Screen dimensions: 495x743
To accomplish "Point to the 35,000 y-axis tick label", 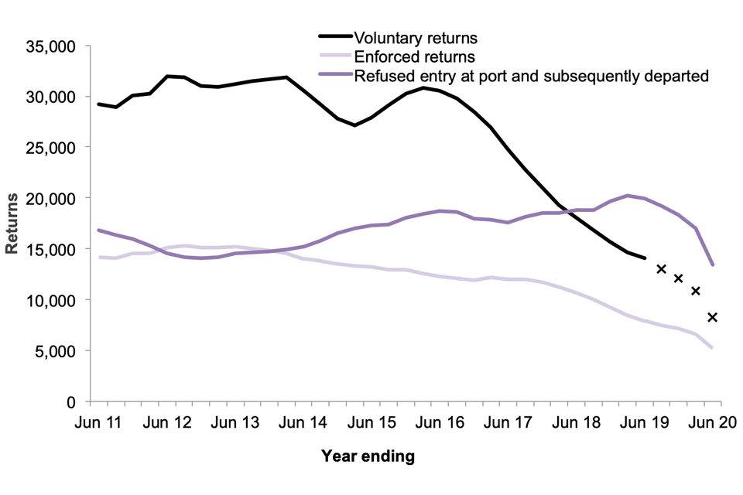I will [x=52, y=46].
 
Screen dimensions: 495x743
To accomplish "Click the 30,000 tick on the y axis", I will [x=52, y=97].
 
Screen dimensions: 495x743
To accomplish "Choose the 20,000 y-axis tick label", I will [x=52, y=198].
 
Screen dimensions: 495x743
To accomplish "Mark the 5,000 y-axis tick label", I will [x=56, y=351].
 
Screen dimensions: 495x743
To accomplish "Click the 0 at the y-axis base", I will [x=70, y=402].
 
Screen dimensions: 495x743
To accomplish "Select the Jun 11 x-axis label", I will [x=100, y=423].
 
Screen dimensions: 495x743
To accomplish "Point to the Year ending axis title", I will [x=368, y=456].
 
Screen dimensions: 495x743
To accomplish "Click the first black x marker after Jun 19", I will [x=661, y=269].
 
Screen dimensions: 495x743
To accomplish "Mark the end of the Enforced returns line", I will [x=712, y=348].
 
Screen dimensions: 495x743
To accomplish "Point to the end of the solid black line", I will [x=645, y=258].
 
